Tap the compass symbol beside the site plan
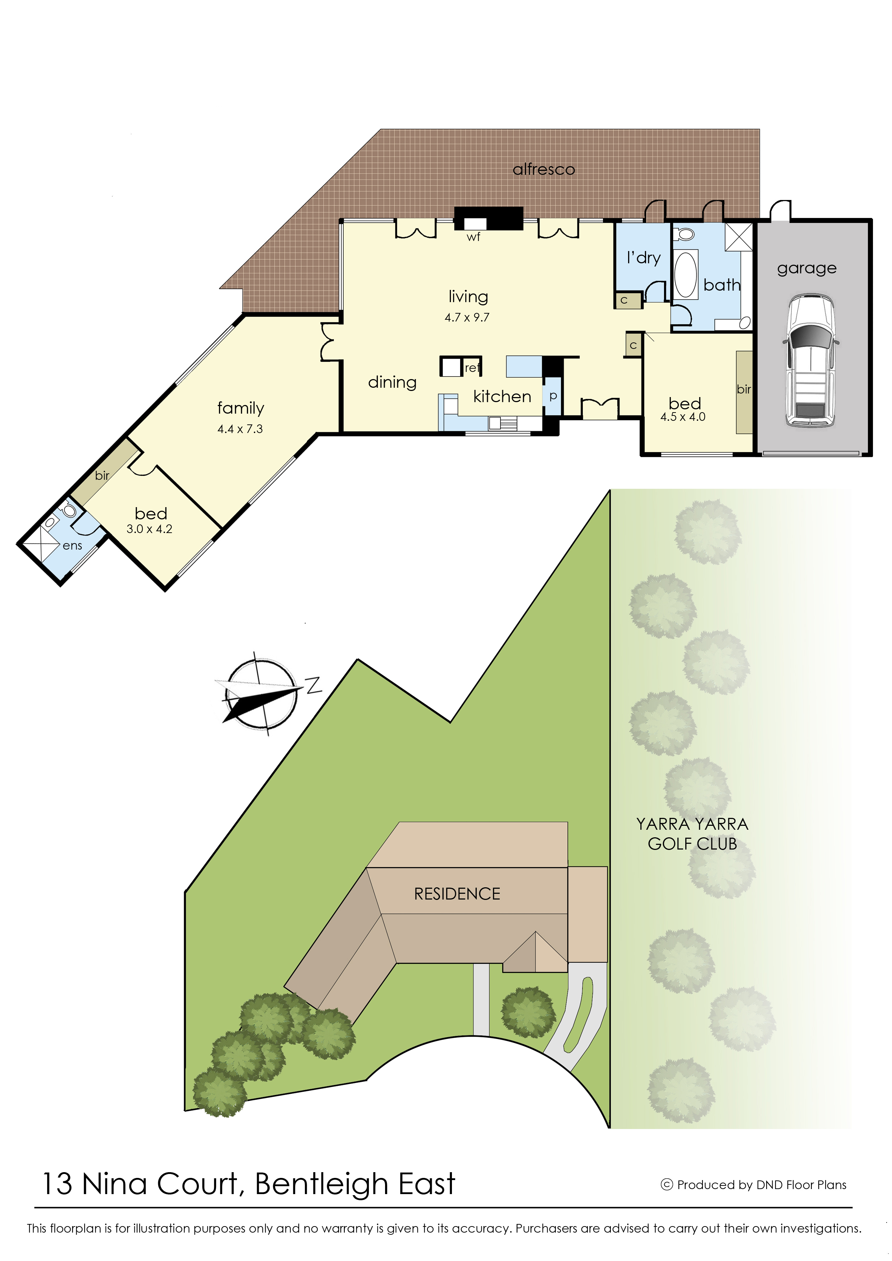click(262, 694)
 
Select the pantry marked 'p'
click(553, 396)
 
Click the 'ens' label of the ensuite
click(73, 546)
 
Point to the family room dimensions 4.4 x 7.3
click(240, 429)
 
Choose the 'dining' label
click(392, 382)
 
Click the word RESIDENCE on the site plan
click(457, 894)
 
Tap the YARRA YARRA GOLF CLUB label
click(692, 833)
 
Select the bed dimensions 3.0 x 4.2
click(150, 529)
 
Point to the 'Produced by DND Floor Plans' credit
click(754, 1185)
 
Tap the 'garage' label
click(807, 269)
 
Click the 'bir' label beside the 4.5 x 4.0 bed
click(744, 389)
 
